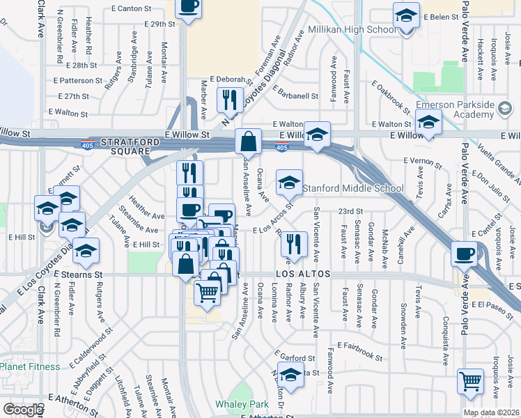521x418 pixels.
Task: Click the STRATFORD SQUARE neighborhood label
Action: click(x=125, y=146)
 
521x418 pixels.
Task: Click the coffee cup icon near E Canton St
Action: click(x=189, y=8)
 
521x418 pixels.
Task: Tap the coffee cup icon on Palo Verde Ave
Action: click(x=464, y=254)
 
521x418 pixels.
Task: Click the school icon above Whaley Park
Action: click(x=290, y=375)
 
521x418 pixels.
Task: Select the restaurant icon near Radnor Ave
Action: click(x=293, y=244)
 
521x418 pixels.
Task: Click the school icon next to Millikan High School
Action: click(x=405, y=15)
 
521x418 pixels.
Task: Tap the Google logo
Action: click(x=23, y=410)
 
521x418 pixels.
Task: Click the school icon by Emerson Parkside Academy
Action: click(x=428, y=123)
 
